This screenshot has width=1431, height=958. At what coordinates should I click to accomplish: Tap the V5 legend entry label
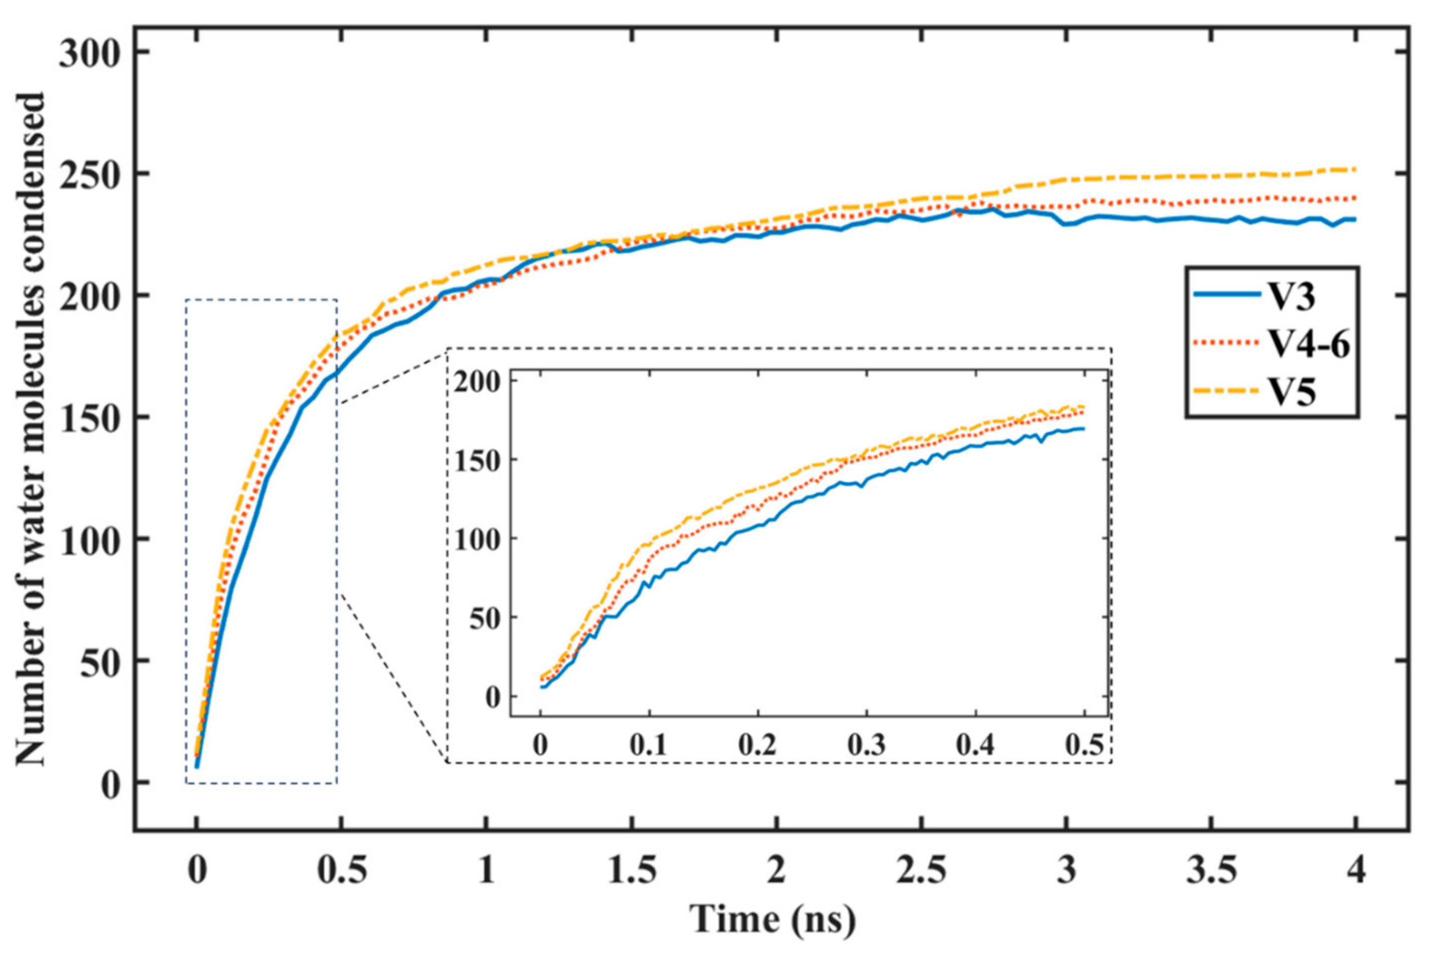1294,392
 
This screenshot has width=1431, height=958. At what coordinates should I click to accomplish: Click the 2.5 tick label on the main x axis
921,871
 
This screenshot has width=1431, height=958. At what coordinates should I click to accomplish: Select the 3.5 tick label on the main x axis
1211,871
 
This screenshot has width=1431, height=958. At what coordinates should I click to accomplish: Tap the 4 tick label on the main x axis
1356,871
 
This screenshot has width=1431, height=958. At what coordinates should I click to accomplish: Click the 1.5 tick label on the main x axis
631,871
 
